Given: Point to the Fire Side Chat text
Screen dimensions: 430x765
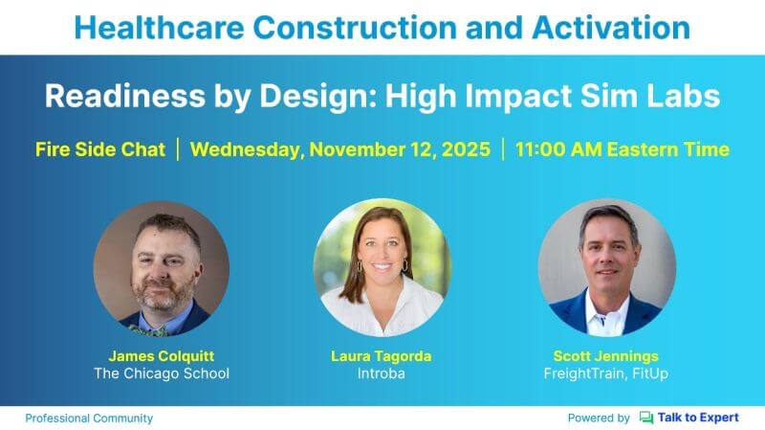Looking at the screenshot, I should pos(100,149).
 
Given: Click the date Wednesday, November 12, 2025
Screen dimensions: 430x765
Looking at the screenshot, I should pos(339,149).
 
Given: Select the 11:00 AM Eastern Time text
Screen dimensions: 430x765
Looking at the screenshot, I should pos(622,149).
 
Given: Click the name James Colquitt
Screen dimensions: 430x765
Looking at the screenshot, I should pos(162,354).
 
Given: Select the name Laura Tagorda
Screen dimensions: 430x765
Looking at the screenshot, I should pos(382,354).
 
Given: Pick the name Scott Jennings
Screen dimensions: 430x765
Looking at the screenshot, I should pos(606,354).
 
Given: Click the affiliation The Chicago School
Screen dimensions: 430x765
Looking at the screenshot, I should pos(162,373).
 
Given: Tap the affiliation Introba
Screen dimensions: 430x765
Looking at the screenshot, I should pos(382,373).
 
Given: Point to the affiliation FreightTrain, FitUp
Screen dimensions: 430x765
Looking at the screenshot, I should pos(606,373).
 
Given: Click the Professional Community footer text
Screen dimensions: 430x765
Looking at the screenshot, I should pos(89,419).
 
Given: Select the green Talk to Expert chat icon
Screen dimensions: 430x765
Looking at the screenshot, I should pos(646,419).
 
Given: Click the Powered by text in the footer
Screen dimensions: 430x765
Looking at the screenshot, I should pos(599,419).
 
